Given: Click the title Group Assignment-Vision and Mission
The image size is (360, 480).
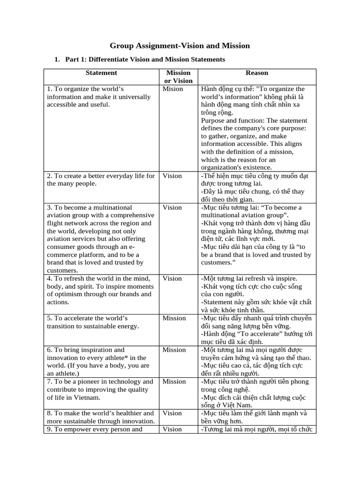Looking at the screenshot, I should click(180, 45).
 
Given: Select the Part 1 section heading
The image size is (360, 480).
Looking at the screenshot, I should click(145, 60).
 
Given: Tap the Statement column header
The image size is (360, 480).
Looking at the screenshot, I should click(101, 73).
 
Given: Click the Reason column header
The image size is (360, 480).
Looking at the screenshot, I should click(257, 73).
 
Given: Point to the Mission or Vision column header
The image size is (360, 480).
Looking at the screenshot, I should click(178, 76).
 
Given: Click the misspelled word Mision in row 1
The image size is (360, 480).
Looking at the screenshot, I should click(173, 89).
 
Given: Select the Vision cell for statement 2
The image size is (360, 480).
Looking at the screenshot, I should click(172, 176).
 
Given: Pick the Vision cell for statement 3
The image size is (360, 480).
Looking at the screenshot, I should click(172, 207).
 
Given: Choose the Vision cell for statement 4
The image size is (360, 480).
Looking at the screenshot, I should click(172, 278).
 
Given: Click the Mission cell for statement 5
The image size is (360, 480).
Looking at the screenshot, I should click(174, 318).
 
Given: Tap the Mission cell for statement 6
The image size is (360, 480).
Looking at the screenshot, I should click(174, 350).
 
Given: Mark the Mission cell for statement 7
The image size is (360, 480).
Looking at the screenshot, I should click(174, 382).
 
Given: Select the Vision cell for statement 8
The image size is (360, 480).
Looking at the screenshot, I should click(172, 413).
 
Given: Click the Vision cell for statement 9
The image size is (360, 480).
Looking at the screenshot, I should click(172, 429).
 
